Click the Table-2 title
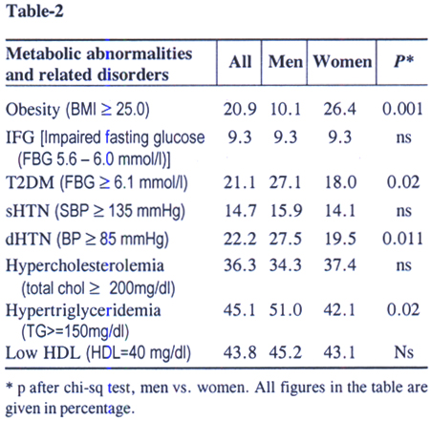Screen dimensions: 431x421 pos(34,11)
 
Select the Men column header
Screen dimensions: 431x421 pos(285,61)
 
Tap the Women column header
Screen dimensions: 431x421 pos(342,61)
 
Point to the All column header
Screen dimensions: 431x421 pos(240,61)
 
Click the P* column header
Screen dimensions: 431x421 pos(403,60)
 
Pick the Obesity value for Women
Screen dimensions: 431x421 pos(339,109)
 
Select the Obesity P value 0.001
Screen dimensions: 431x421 pos(402,109)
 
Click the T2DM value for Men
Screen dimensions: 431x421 pos(285,182)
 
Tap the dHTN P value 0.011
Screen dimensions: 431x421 pos(402,239)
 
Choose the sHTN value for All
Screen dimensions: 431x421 pos(240,211)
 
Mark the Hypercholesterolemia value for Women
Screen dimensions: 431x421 pos(340,265)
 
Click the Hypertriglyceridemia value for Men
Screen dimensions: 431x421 pos(286,310)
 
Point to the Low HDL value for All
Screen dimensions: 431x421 pos(240,352)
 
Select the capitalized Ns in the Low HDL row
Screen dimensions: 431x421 pos(403,352)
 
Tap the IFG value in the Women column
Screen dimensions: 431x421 pos(340,137)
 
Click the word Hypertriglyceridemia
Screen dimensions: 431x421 pos(83,311)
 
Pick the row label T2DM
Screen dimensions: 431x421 pos(30,183)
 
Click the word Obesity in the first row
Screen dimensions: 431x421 pos(32,110)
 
